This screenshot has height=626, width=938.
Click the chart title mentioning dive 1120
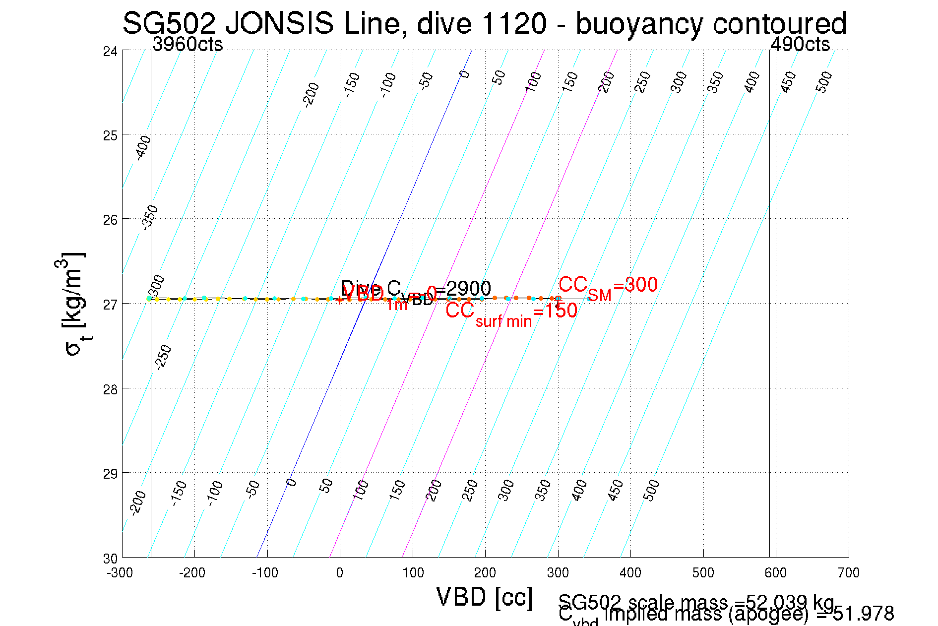484,24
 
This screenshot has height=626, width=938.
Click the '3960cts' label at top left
188,45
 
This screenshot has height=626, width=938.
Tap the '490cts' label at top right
800,45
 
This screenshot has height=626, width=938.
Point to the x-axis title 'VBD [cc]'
484,597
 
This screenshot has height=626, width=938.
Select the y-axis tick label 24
110,52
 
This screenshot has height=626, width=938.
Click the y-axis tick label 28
110,389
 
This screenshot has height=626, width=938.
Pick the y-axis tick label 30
110,559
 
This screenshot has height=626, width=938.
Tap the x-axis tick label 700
848,573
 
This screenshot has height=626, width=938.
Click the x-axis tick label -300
120,573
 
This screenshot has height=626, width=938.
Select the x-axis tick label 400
630,573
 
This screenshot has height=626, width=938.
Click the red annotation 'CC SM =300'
608,287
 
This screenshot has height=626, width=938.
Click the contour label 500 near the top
824,82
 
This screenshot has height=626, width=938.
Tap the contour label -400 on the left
143,147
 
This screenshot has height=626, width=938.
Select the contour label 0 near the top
464,74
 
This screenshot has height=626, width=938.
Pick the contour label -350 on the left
150,217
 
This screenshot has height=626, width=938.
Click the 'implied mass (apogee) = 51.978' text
749,614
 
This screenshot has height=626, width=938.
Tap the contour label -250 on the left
163,357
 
